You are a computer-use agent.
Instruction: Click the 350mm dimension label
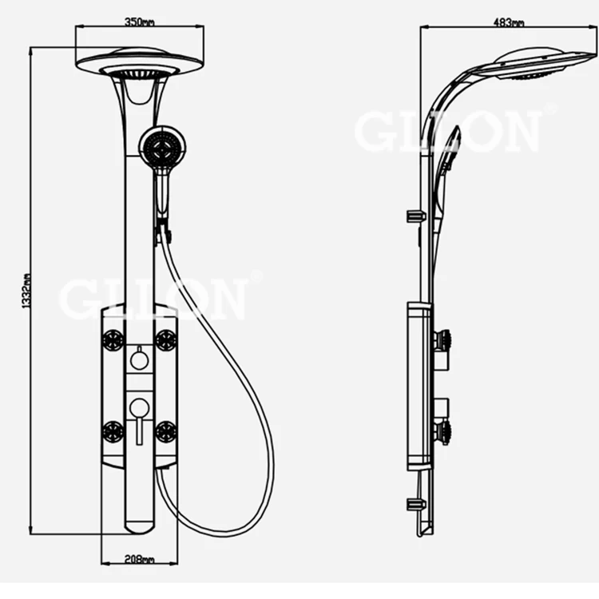(x=139, y=22)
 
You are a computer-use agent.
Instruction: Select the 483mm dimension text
(x=510, y=22)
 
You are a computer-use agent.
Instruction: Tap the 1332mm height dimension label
(x=26, y=292)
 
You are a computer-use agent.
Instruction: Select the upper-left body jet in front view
(x=113, y=339)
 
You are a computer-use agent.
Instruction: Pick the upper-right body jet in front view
(x=165, y=339)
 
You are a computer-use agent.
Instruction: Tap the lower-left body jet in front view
(x=113, y=432)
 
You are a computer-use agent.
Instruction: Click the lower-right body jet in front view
(x=165, y=432)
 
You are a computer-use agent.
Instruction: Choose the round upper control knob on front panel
(x=139, y=360)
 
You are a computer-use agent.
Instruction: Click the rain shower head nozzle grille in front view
(x=140, y=74)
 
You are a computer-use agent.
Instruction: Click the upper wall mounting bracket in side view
(x=415, y=216)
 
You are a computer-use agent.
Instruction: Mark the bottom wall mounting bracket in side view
(x=415, y=503)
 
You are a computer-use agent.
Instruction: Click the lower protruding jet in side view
(x=442, y=432)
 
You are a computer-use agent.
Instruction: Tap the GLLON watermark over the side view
(x=447, y=132)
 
